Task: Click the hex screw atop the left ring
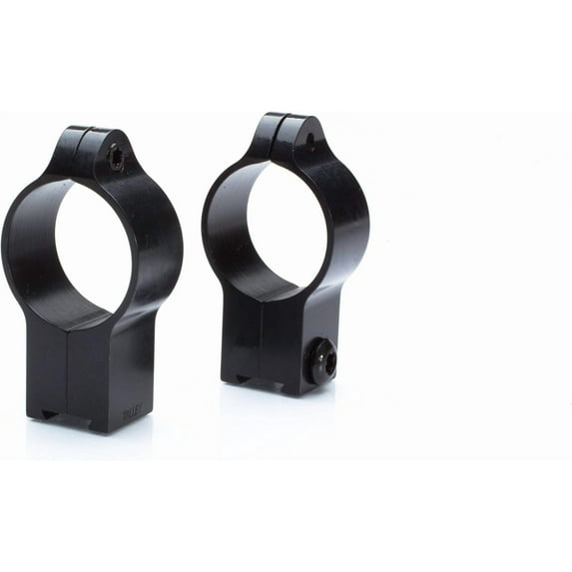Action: coord(117,157)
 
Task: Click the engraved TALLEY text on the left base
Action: coord(131,410)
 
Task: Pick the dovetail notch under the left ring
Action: coord(45,413)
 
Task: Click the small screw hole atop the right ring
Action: coord(309,142)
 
